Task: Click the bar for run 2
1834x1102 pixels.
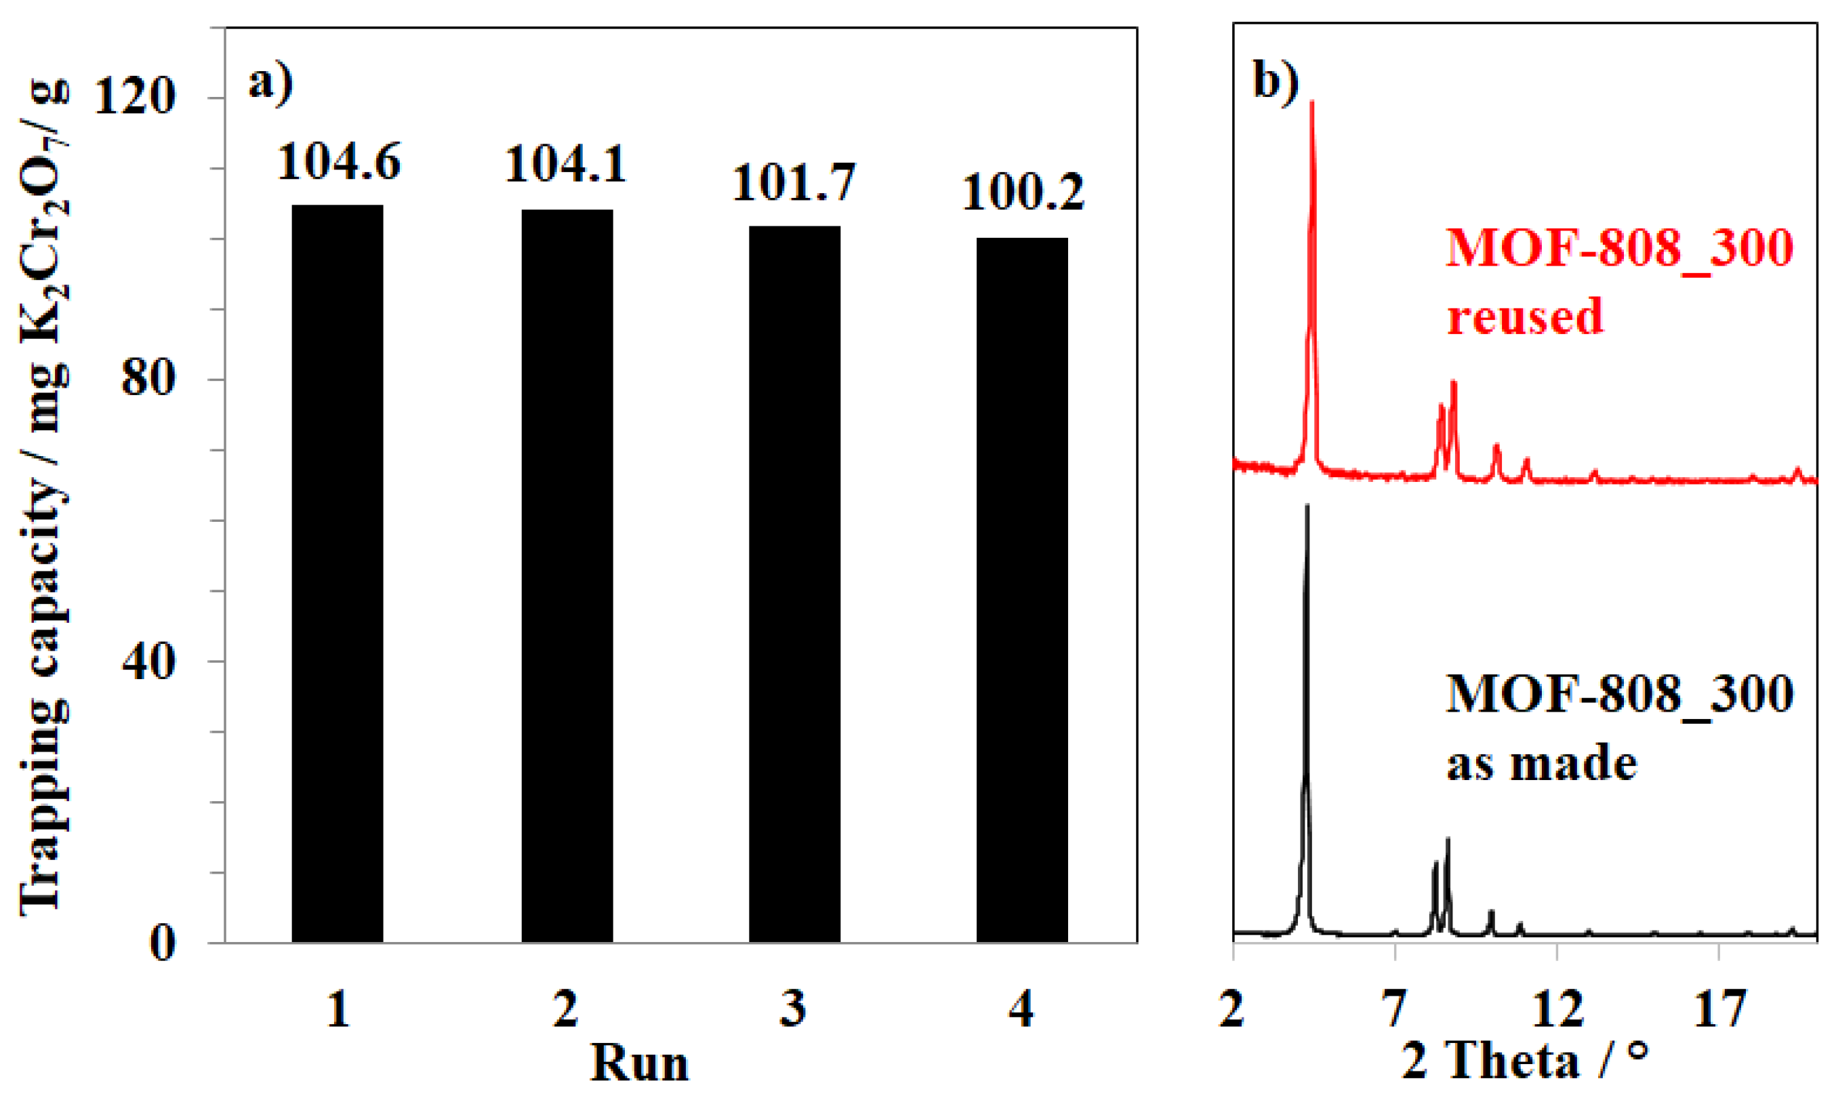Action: pos(567,576)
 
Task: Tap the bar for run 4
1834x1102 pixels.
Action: pos(1021,590)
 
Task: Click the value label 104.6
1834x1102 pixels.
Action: pos(339,162)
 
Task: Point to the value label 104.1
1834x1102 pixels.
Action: pos(566,165)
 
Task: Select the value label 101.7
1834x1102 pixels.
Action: pos(794,183)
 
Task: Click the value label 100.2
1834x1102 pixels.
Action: pos(1023,193)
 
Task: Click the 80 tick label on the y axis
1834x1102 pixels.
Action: pos(148,380)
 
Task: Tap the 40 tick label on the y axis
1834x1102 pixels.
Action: pos(148,661)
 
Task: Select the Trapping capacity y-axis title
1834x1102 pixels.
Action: pos(45,497)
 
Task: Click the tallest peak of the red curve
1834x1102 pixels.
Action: pos(1312,104)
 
